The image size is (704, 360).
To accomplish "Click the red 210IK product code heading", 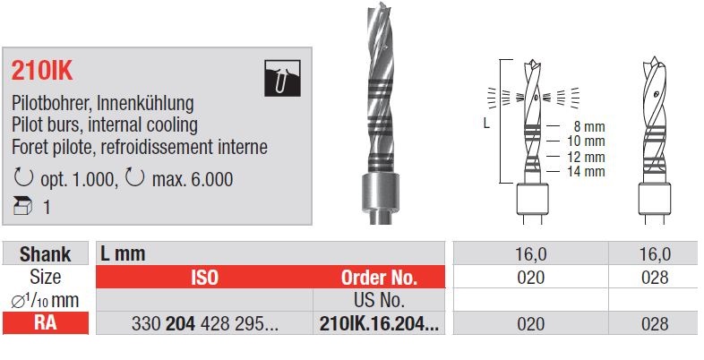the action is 42,71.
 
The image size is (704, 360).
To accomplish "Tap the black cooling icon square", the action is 282,78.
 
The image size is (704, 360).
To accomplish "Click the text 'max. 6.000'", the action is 193,179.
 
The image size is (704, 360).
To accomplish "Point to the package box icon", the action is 23,207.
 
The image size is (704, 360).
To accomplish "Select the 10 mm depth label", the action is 586,141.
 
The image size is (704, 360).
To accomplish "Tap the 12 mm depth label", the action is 586,157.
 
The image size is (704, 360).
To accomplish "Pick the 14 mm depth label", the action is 586,171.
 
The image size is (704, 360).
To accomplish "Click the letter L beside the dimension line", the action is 486,124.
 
